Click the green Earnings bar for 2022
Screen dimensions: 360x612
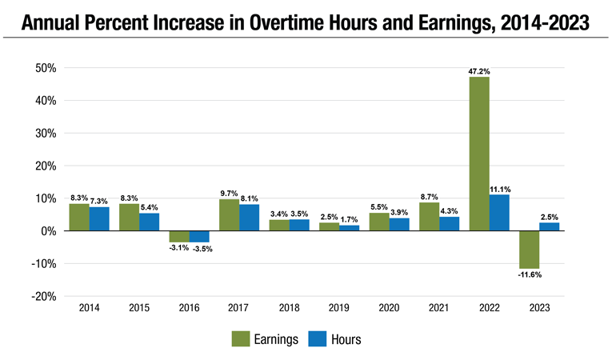click(479, 154)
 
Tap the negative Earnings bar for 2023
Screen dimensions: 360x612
click(529, 250)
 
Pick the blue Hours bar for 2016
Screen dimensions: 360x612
click(199, 237)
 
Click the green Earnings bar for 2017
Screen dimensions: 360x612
click(229, 215)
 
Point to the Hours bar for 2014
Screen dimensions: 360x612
click(99, 219)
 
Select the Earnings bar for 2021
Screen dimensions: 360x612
click(429, 217)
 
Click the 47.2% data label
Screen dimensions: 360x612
click(479, 71)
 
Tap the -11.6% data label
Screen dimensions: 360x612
click(529, 275)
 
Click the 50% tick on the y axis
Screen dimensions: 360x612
click(44, 69)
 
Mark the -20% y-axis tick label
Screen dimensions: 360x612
click(42, 296)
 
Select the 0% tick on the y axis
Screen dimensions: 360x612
click(47, 231)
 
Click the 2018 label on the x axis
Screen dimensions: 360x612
click(289, 307)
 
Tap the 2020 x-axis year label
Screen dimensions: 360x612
click(389, 307)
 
